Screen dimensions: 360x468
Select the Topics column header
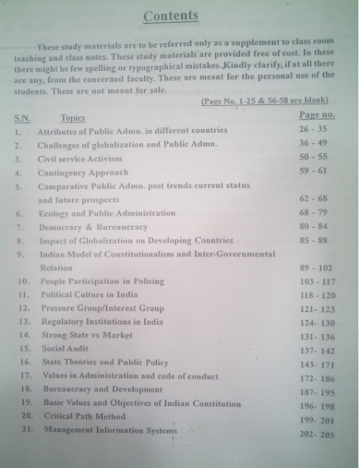(x=72, y=117)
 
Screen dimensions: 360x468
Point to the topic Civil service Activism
(x=81, y=159)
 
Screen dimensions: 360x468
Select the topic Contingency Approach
(x=83, y=173)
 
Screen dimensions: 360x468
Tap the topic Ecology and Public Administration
(x=106, y=213)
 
